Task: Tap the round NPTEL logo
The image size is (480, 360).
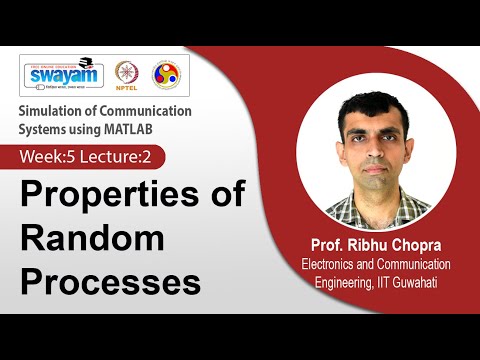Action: click(126, 75)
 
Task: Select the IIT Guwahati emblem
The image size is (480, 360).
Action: click(165, 75)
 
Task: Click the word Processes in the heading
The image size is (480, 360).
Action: click(110, 281)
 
